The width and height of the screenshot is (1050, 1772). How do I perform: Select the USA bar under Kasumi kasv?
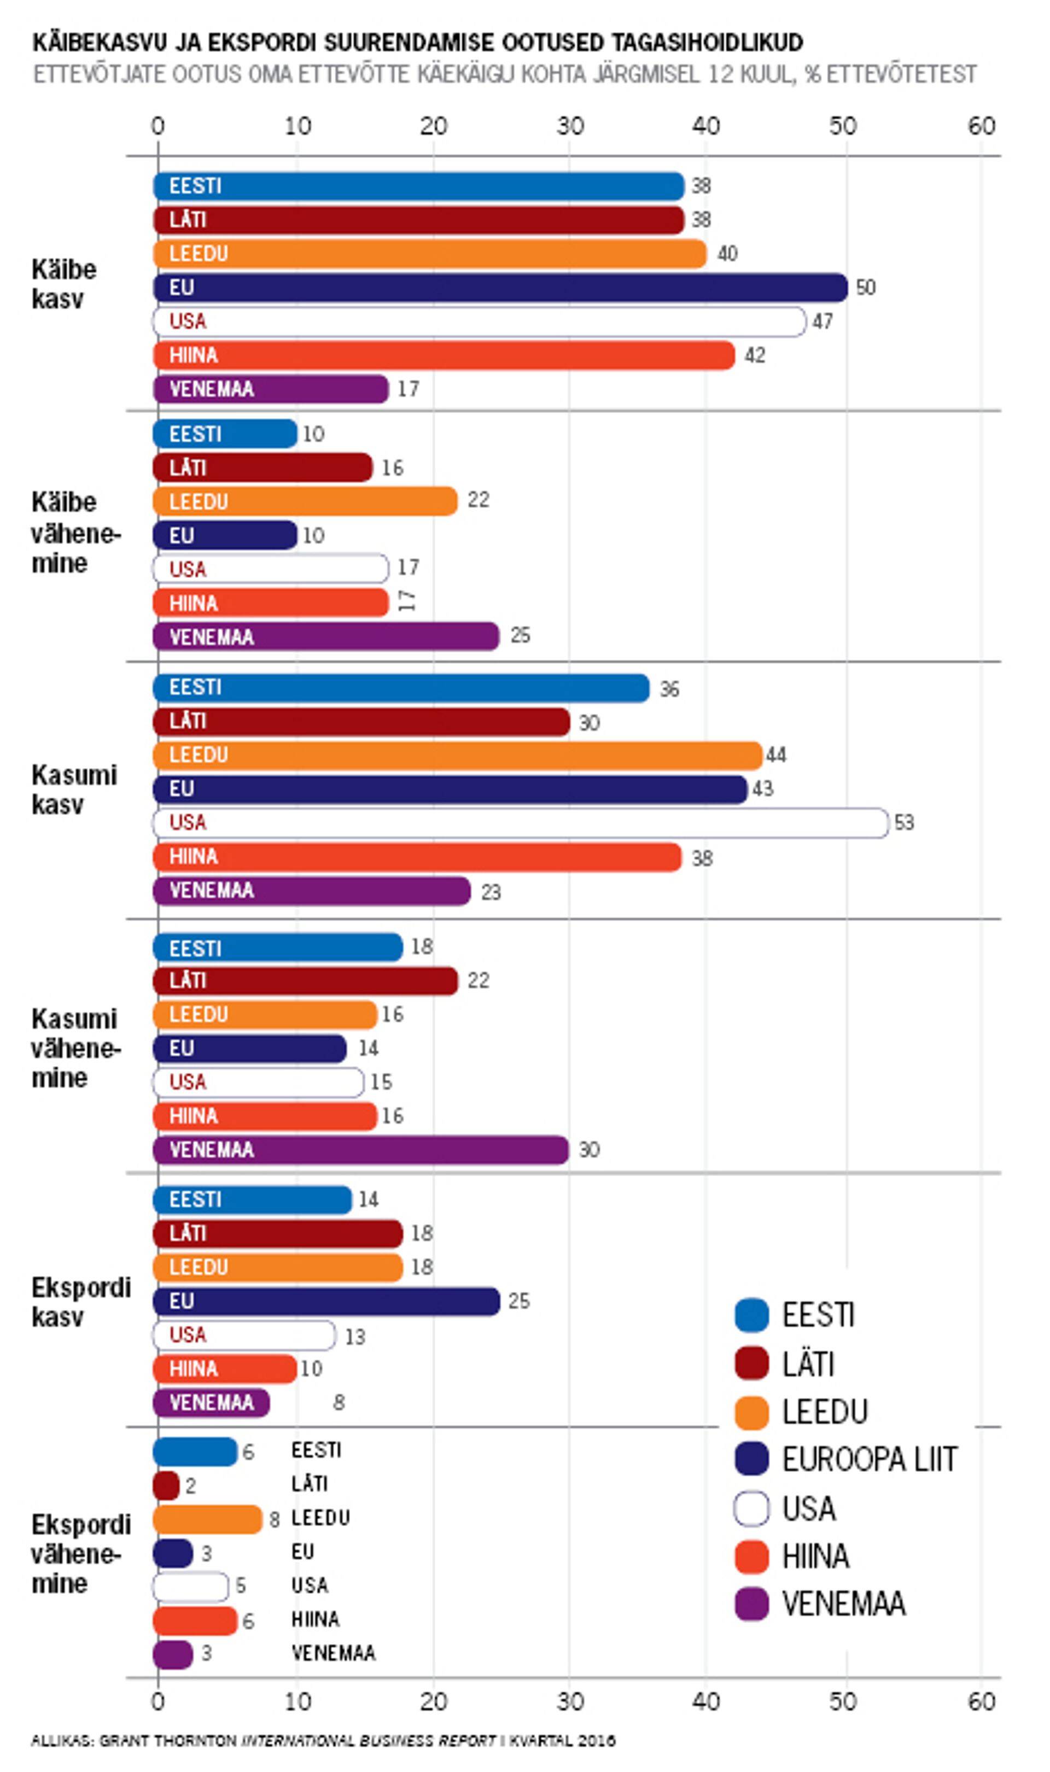pyautogui.click(x=520, y=823)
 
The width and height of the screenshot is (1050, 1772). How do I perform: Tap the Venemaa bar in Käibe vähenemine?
pyautogui.click(x=326, y=636)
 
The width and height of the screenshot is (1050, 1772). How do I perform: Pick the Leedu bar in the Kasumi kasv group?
pyautogui.click(x=457, y=755)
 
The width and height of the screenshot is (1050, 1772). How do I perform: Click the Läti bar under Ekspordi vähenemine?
pyautogui.click(x=166, y=1486)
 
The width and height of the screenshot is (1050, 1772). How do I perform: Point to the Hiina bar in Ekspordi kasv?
pyautogui.click(x=225, y=1369)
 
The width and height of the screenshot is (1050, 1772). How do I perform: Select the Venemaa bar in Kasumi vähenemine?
pyautogui.click(x=361, y=1149)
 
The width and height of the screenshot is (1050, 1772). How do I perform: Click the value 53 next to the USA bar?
pyautogui.click(x=904, y=823)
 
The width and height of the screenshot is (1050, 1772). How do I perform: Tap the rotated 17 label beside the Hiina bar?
pyautogui.click(x=407, y=601)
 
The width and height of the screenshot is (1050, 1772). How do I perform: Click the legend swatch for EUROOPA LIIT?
pyautogui.click(x=751, y=1459)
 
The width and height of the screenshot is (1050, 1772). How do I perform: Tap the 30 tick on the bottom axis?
pyautogui.click(x=570, y=1702)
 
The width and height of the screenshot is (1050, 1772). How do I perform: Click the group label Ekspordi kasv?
pyautogui.click(x=80, y=1302)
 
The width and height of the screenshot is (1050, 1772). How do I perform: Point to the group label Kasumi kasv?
pyautogui.click(x=74, y=789)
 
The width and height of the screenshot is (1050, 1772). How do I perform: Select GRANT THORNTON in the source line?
pyautogui.click(x=168, y=1741)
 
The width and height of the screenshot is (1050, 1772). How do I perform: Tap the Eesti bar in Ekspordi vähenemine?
pyautogui.click(x=195, y=1452)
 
